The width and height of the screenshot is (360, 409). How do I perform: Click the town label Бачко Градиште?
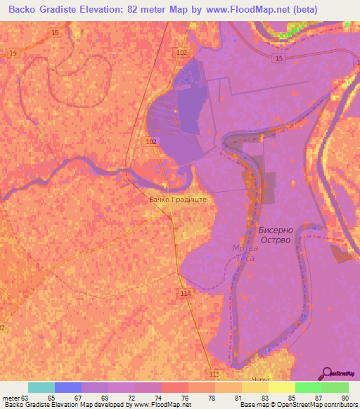click(178, 199)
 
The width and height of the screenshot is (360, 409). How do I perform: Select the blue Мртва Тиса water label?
click(244, 253)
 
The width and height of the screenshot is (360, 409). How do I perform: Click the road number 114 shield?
click(186, 293)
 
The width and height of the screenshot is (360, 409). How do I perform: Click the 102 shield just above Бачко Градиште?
click(150, 141)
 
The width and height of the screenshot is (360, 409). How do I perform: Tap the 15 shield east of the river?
click(280, 58)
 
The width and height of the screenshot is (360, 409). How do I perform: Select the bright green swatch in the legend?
click(308, 387)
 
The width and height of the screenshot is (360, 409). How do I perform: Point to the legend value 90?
click(345, 398)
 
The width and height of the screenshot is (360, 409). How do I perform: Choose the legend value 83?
click(264, 398)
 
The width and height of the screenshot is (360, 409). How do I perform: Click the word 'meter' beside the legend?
click(11, 398)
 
